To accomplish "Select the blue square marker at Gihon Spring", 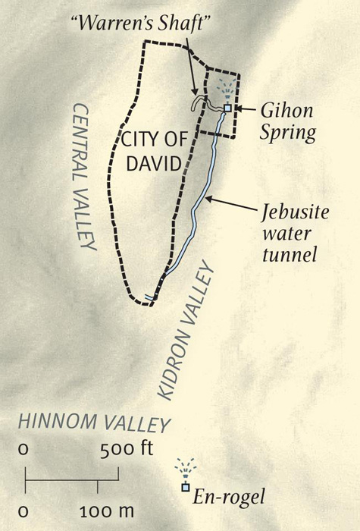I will (227, 108).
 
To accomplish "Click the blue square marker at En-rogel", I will (184, 487).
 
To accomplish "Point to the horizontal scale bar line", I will (72, 478).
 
